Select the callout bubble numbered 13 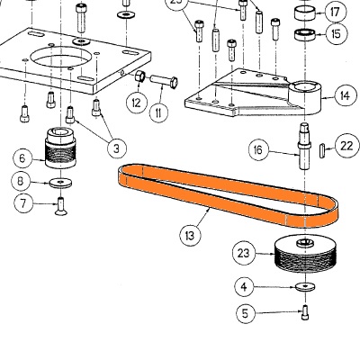[x=190, y=236]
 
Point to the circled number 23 [x=243, y=253]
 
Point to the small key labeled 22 [x=320, y=148]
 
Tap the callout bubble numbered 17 [x=335, y=13]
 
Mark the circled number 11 [x=159, y=113]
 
